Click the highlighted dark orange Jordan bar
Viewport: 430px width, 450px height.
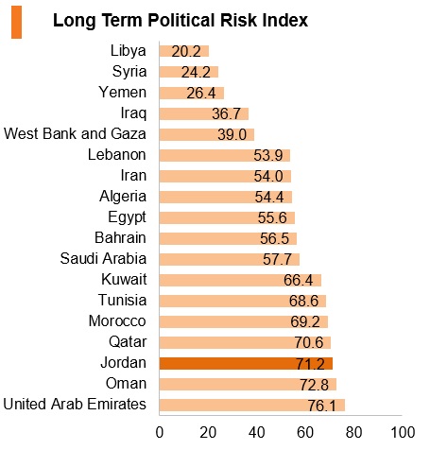tap(246, 363)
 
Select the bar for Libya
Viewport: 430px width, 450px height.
tap(184, 51)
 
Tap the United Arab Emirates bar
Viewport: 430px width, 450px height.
tap(252, 405)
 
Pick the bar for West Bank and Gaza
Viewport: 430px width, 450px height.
tap(207, 134)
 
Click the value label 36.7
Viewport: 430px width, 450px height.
tap(226, 113)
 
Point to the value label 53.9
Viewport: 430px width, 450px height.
tap(268, 155)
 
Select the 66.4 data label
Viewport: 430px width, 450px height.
tap(298, 280)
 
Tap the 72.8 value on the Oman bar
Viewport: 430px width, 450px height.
tap(314, 385)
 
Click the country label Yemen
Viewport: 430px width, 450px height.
tap(123, 93)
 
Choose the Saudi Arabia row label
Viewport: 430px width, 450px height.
tap(103, 259)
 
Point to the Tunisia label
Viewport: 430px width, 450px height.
tap(123, 300)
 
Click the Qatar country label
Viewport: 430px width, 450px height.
tap(128, 342)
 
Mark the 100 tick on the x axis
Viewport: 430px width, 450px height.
tap(403, 433)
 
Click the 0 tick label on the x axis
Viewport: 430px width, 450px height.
tap(160, 433)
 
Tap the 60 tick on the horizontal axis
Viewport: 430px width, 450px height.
tap(305, 433)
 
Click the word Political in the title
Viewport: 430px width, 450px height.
tap(181, 21)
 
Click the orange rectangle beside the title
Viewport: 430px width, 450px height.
tap(16, 23)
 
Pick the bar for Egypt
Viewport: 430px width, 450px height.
tap(227, 217)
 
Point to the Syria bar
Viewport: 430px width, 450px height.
tap(189, 72)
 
